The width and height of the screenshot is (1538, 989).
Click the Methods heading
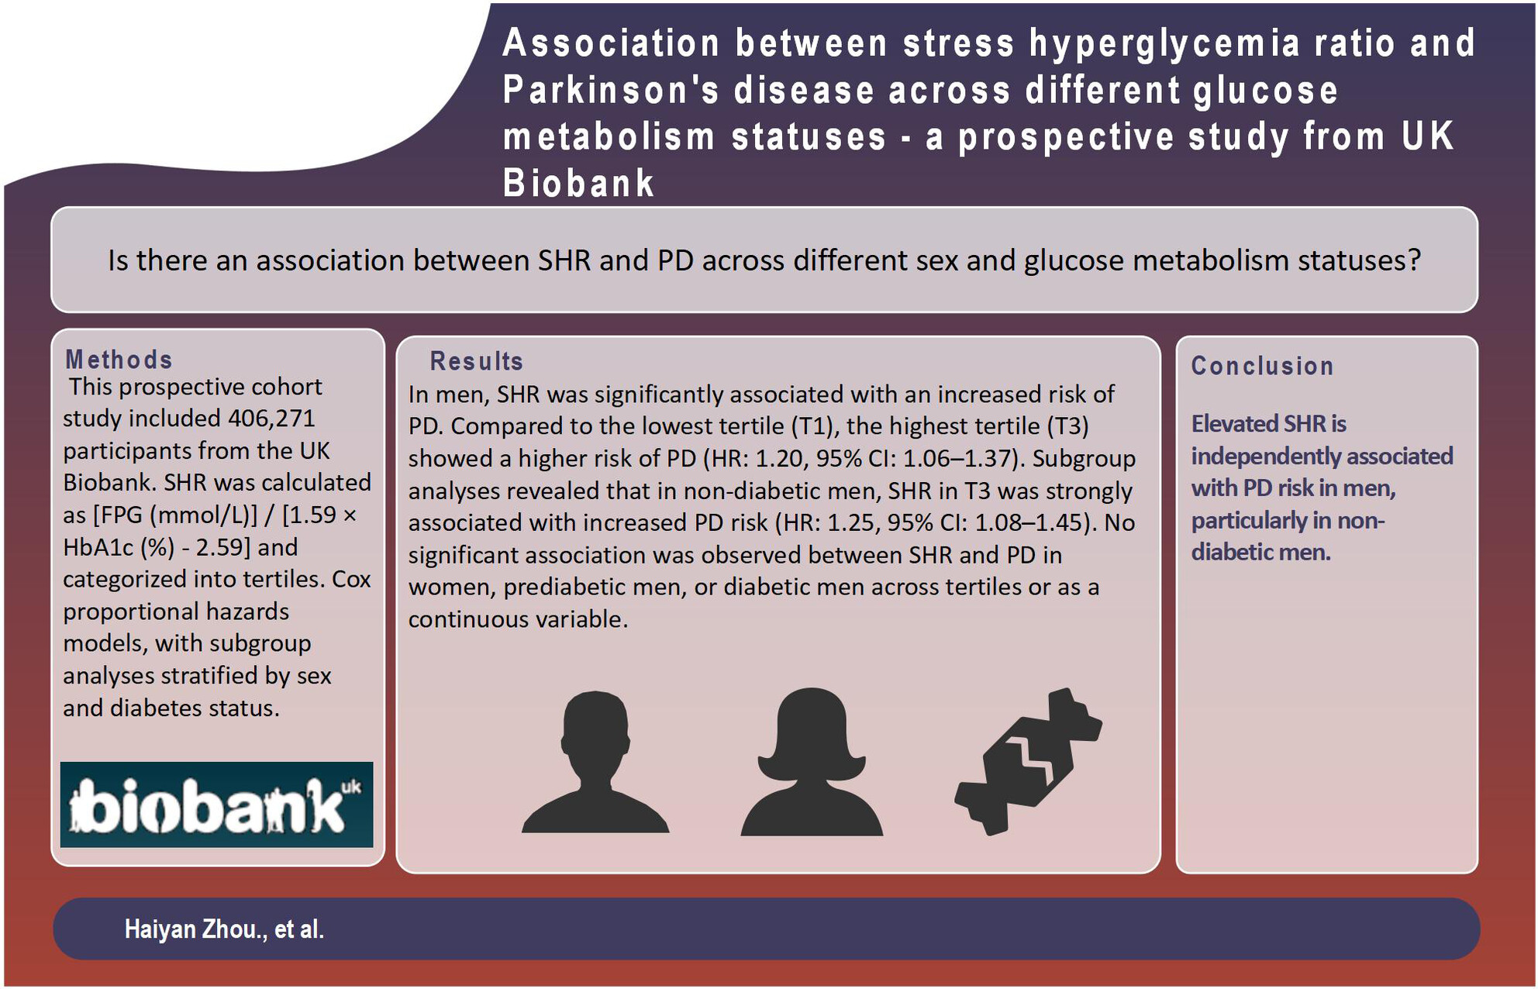click(x=119, y=360)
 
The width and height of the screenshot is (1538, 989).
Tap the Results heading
click(x=477, y=361)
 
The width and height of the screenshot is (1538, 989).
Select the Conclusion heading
click(x=1263, y=366)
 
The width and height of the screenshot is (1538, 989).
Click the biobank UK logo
click(x=217, y=805)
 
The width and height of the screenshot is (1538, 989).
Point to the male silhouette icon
click(x=595, y=762)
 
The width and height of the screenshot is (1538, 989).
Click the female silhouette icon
click(x=812, y=761)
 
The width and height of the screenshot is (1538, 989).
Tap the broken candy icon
click(x=1029, y=761)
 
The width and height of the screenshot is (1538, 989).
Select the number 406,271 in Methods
click(x=271, y=419)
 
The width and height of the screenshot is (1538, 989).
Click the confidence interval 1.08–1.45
click(x=1032, y=523)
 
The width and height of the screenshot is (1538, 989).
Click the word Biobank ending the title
click(x=578, y=184)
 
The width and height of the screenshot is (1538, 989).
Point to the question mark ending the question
click(x=1414, y=260)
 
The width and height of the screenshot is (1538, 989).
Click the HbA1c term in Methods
click(x=99, y=547)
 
